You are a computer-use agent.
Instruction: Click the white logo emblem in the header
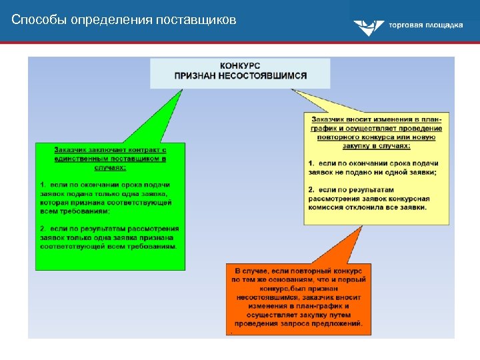coord(366,27)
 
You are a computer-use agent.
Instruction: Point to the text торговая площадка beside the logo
coord(425,25)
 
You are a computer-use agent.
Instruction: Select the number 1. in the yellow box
coord(312,163)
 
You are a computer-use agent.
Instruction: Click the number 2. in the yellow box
coord(312,189)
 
